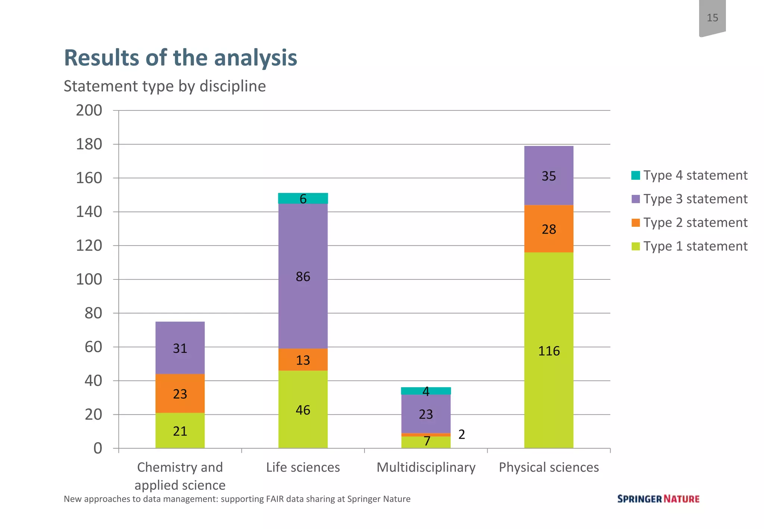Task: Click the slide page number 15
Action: (x=712, y=18)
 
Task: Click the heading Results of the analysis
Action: (x=181, y=58)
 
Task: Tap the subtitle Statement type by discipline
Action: (x=165, y=86)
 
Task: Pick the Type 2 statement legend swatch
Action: (x=636, y=223)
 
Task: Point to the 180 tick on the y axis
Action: (x=89, y=144)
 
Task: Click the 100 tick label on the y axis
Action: (x=89, y=279)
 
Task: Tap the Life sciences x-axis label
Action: (x=303, y=467)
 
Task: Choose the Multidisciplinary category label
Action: (x=426, y=467)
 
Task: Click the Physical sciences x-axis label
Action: (x=549, y=467)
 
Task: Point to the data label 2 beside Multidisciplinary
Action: (x=461, y=434)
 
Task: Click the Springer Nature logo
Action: (x=658, y=499)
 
